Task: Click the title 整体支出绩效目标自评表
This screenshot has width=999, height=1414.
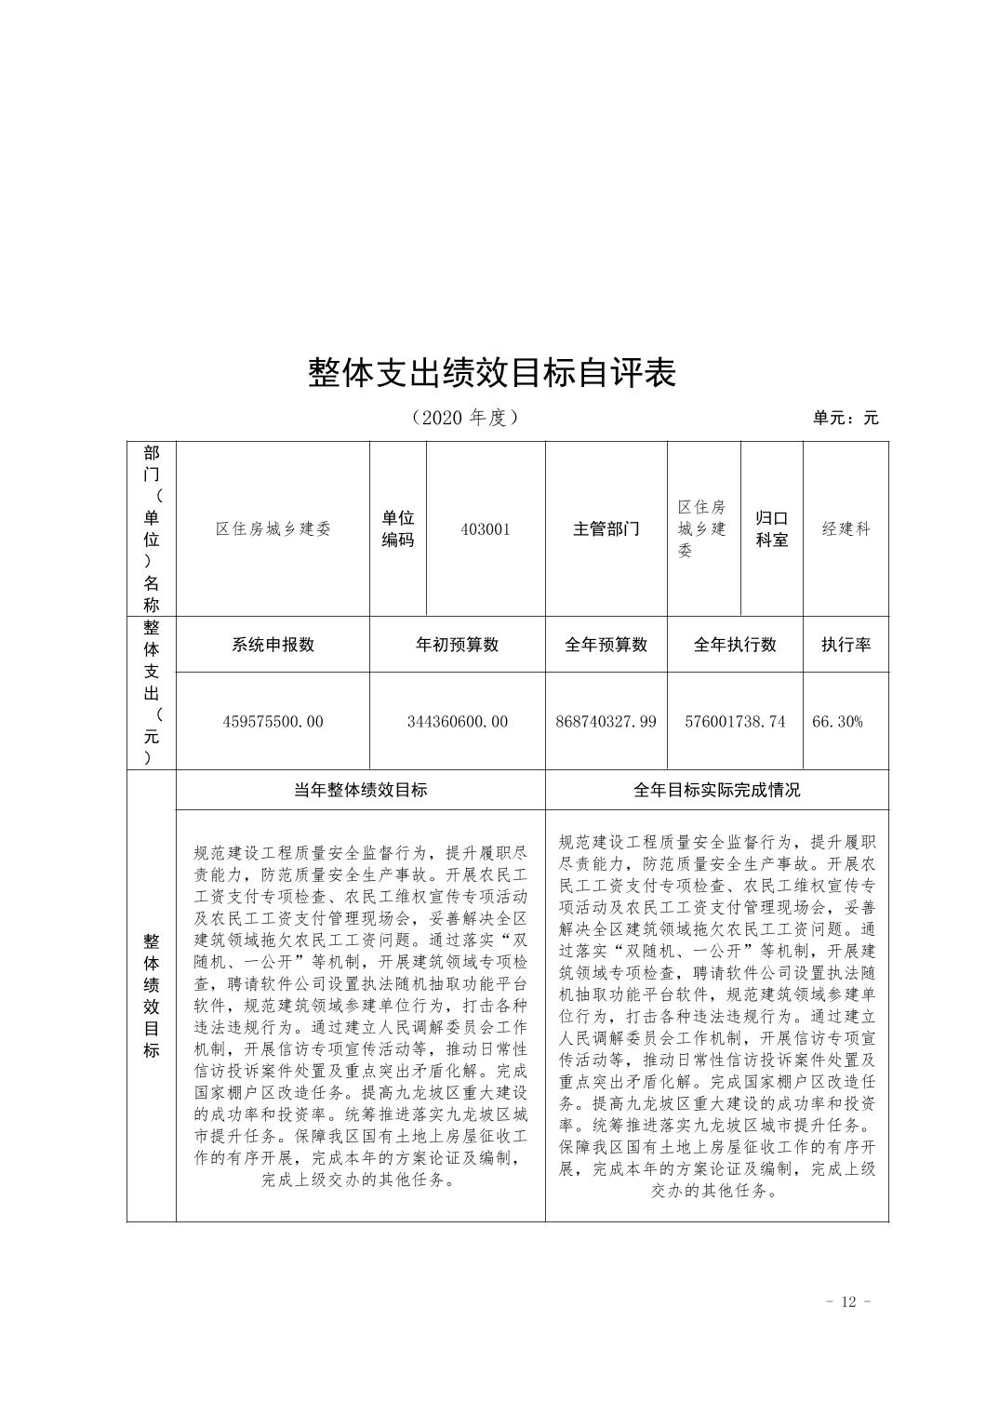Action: [x=492, y=373]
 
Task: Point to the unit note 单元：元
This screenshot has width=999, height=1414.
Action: [x=845, y=418]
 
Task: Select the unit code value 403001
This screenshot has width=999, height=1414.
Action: [x=486, y=529]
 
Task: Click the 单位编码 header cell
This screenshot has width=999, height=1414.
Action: [x=398, y=529]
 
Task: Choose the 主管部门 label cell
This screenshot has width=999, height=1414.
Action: [x=606, y=529]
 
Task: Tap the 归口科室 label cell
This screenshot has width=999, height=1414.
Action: [x=771, y=529]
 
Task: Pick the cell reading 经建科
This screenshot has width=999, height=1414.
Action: [x=846, y=529]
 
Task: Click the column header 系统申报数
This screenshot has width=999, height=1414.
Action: [x=273, y=645]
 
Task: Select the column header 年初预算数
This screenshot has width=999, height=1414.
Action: [x=458, y=645]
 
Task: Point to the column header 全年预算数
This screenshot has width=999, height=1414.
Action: [x=606, y=645]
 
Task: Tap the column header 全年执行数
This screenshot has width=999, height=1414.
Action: [x=735, y=645]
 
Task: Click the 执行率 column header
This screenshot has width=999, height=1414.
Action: [x=846, y=645]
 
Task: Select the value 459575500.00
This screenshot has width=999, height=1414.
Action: [x=273, y=721]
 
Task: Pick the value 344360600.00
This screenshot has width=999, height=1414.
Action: [x=458, y=721]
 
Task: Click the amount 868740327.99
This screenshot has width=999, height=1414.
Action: [x=606, y=721]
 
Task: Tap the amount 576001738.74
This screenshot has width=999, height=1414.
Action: [x=735, y=721]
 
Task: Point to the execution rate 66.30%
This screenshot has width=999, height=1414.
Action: [x=837, y=721]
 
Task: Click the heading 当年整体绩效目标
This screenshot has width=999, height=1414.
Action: [x=361, y=790]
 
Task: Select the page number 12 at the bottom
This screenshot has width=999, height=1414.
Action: [x=847, y=1301]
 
